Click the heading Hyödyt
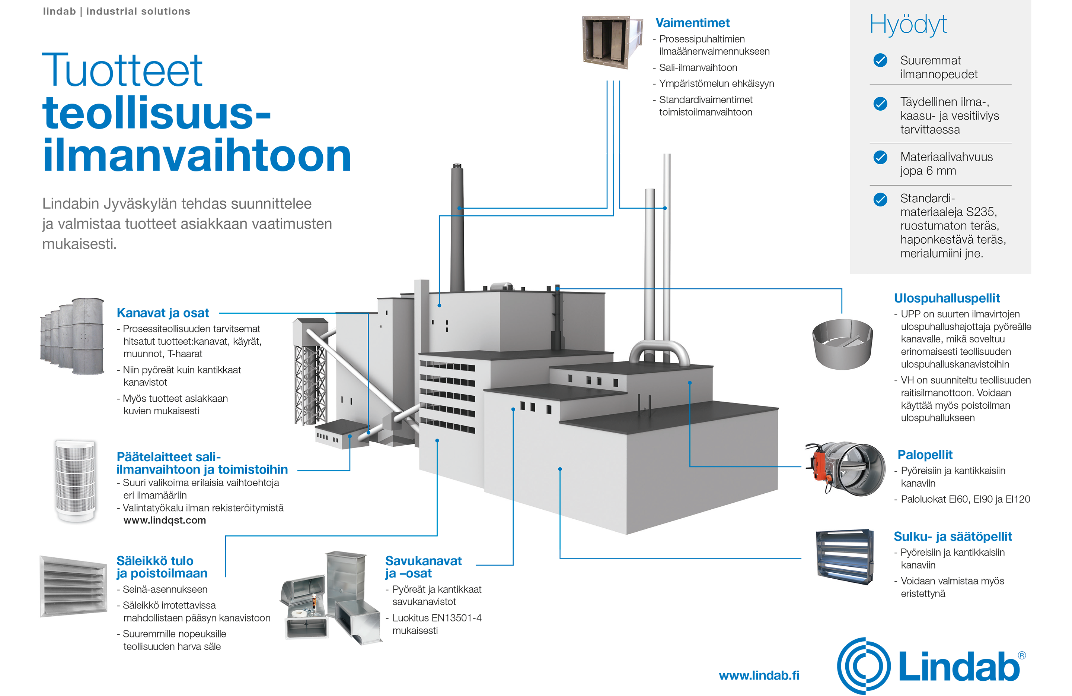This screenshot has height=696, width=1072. (908, 25)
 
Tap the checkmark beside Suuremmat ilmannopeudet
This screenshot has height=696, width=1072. (880, 60)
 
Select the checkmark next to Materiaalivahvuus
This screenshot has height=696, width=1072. (880, 157)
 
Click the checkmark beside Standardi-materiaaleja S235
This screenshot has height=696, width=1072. (880, 199)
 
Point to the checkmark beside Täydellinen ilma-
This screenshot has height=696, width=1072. (880, 104)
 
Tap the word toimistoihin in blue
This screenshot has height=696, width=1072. (253, 470)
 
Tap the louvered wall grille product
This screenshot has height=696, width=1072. (73, 586)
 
